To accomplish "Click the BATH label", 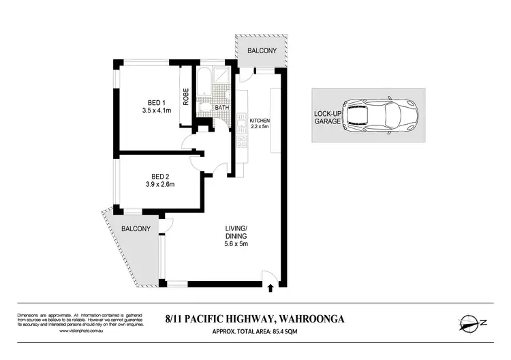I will [221, 108].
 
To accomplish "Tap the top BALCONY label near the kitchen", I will [262, 50].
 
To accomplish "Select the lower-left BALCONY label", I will [136, 228].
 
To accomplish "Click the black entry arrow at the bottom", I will [271, 288].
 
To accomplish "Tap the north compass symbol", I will [469, 322].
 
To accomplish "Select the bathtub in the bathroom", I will [204, 83].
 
